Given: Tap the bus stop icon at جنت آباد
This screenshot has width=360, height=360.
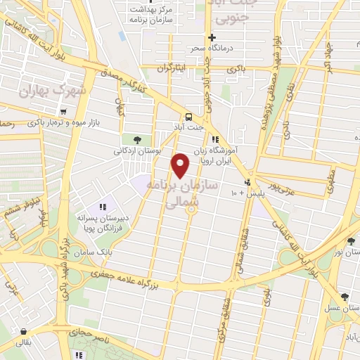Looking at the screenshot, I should coord(188,117).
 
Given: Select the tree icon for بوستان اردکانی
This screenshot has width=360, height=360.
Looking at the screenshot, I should coord(127,139).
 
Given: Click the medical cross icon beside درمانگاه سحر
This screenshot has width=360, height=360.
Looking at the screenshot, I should coord(211,37).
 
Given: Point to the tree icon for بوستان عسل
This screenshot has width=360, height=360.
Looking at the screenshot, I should coord(345,297).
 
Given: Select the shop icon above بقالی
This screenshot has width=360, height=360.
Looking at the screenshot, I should coord(25,330).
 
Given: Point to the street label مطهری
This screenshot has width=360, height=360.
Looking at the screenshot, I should coord(330,181).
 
